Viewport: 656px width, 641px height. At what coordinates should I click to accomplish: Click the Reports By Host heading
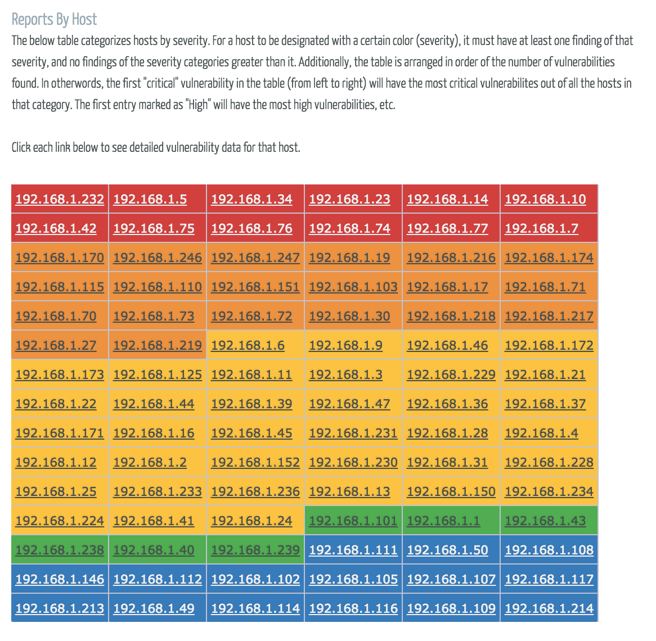[54, 20]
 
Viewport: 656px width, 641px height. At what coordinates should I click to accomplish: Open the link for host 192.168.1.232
[60, 199]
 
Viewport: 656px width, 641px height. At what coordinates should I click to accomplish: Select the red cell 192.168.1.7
[541, 228]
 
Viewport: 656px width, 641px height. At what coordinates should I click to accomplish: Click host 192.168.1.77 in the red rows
[447, 228]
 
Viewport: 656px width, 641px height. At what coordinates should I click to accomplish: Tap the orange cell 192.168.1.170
[60, 258]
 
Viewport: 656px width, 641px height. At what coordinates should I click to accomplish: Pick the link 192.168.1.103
[353, 287]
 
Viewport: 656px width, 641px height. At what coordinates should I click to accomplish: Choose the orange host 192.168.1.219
[158, 345]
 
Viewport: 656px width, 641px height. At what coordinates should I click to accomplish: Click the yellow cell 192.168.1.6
[248, 345]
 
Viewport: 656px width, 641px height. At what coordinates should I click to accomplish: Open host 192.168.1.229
[451, 374]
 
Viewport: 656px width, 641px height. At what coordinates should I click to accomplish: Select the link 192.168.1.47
[349, 404]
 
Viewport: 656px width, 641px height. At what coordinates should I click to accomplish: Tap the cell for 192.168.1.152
[255, 462]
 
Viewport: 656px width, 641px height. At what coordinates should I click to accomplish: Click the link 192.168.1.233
[158, 491]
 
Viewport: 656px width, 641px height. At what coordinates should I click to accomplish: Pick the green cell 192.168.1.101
[353, 521]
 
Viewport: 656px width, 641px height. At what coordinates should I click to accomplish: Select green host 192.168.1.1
[443, 521]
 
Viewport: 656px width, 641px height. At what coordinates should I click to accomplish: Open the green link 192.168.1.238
[60, 550]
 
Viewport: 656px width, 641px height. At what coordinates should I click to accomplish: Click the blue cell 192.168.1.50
[447, 550]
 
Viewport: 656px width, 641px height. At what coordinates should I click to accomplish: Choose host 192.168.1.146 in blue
[60, 579]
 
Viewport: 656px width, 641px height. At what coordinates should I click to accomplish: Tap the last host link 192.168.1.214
[549, 608]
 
